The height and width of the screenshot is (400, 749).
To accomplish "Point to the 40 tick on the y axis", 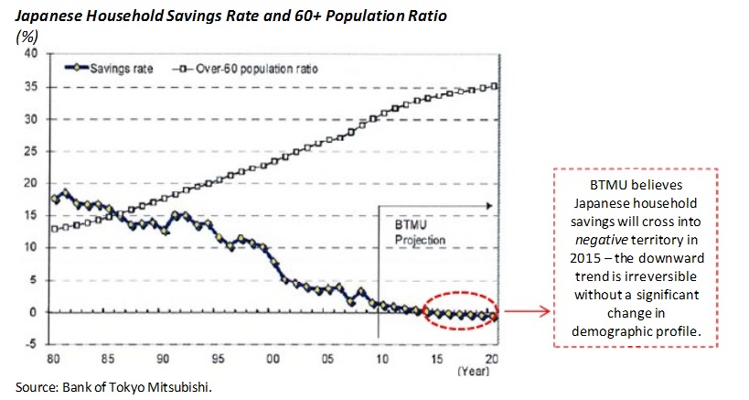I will tap(30, 53).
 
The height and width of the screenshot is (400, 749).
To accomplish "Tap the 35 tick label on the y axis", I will tap(30, 87).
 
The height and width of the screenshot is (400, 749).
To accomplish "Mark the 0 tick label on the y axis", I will tap(33, 312).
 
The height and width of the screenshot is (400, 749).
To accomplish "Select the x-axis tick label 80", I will tap(53, 359).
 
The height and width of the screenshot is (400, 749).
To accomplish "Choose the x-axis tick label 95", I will tap(218, 359).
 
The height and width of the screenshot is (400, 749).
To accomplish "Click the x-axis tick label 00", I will tap(273, 359).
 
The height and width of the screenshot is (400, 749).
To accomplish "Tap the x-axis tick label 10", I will tap(381, 359).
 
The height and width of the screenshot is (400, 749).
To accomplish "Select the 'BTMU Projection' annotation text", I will tap(419, 232).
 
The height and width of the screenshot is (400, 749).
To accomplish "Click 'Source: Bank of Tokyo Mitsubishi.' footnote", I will tap(113, 387).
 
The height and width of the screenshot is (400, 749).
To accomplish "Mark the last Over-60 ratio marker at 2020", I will tap(495, 86).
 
